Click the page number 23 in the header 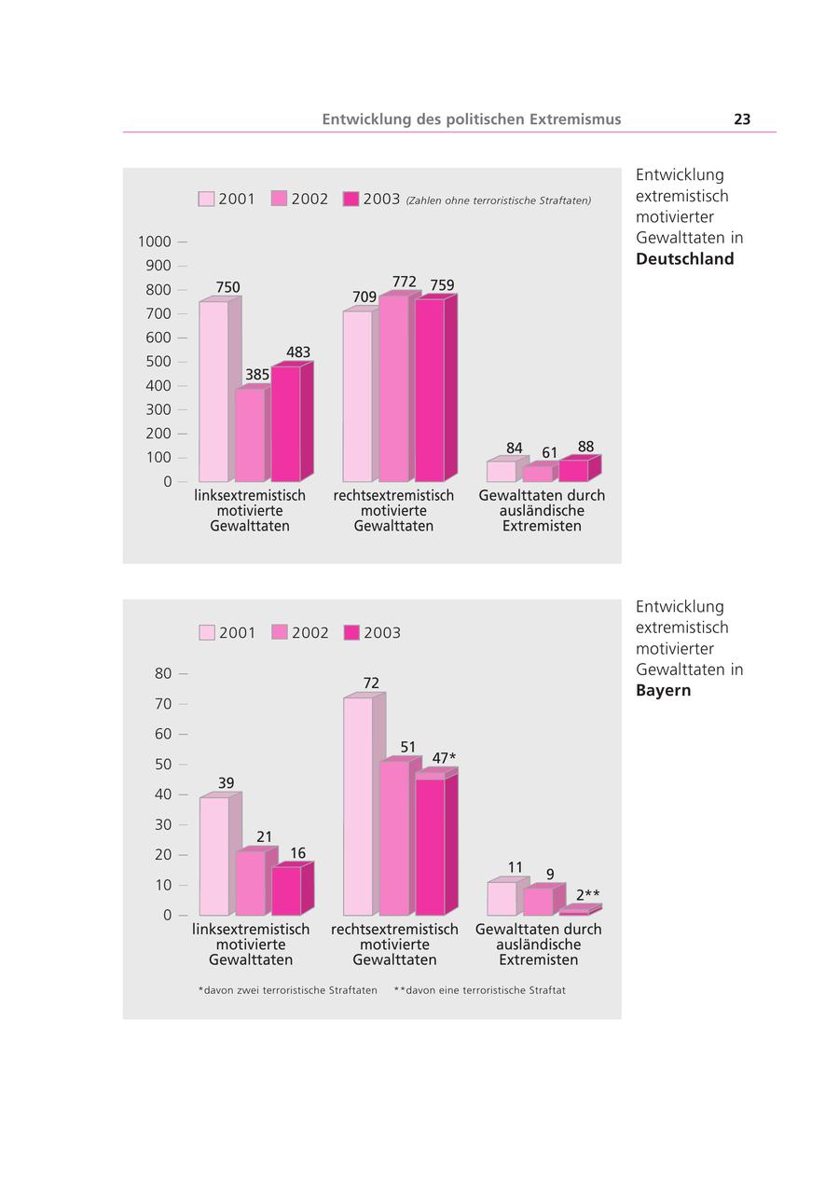[x=742, y=119]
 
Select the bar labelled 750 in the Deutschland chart [x=213, y=392]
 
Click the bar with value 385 [x=250, y=435]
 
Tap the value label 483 [x=298, y=352]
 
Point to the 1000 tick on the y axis [x=155, y=242]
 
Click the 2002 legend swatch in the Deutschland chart [x=279, y=199]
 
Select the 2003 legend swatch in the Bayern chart [x=351, y=632]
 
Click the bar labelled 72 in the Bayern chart [x=358, y=806]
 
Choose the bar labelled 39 [x=214, y=856]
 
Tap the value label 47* [x=444, y=758]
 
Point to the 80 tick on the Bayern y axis [x=163, y=673]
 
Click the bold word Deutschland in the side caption [x=684, y=259]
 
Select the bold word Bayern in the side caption [x=663, y=691]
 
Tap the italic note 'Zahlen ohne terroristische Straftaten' [x=498, y=200]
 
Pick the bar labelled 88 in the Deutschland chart [x=573, y=470]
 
